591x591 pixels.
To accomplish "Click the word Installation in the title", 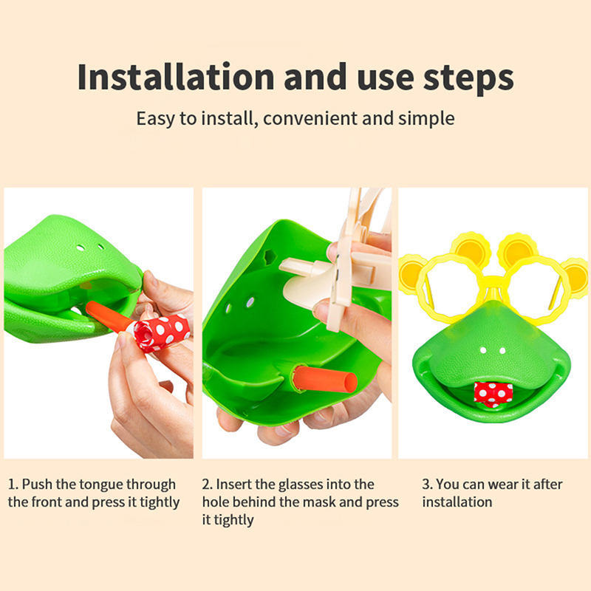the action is point(176,77).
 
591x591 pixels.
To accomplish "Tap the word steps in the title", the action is point(468,78).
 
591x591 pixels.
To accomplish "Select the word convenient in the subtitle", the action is point(310,118).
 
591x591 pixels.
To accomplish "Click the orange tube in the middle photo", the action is point(325,378).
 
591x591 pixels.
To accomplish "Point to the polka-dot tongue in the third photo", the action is point(493,394).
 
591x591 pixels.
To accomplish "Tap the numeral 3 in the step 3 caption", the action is point(426,485).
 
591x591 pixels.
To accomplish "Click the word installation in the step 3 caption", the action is point(457,502).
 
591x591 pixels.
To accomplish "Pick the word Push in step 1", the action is point(37,485).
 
